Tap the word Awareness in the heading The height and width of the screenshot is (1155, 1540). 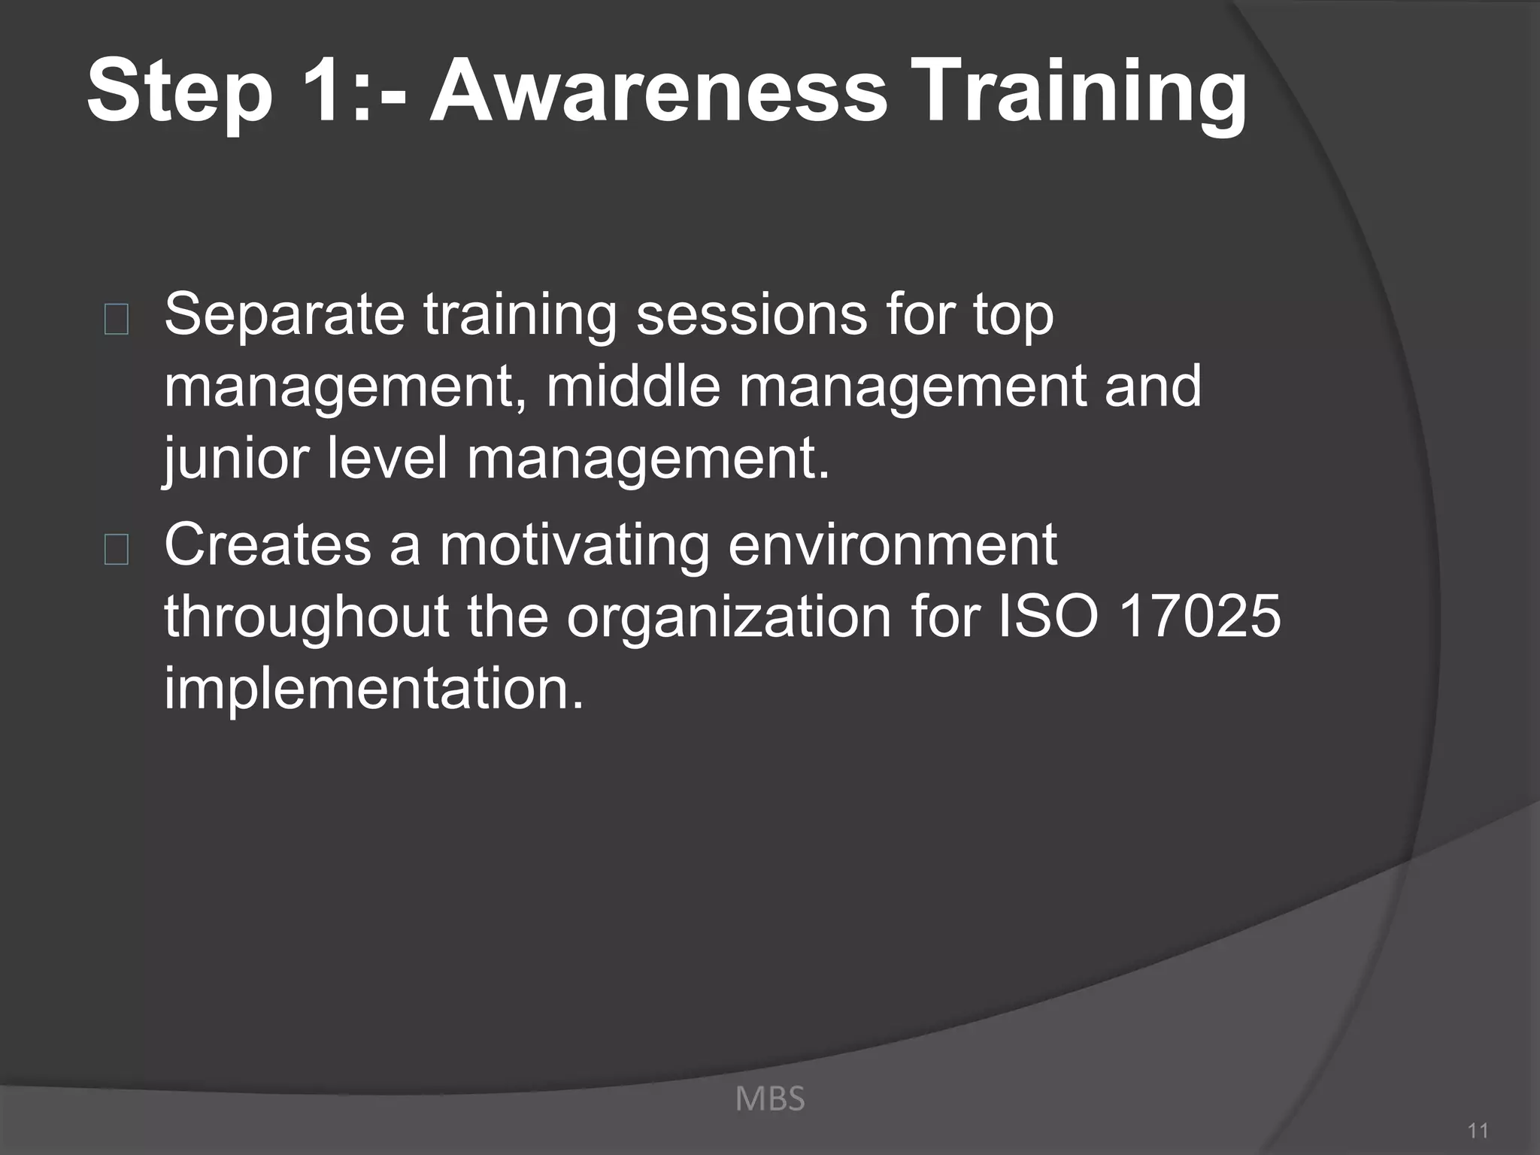pos(659,92)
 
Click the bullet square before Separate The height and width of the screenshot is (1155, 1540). pos(117,320)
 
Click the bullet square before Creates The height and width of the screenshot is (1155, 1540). pos(117,550)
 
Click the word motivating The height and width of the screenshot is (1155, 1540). pos(574,545)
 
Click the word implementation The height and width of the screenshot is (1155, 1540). pos(374,688)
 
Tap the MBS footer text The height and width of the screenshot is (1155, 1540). pos(769,1099)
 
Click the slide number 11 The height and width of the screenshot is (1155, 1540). pos(1478,1130)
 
